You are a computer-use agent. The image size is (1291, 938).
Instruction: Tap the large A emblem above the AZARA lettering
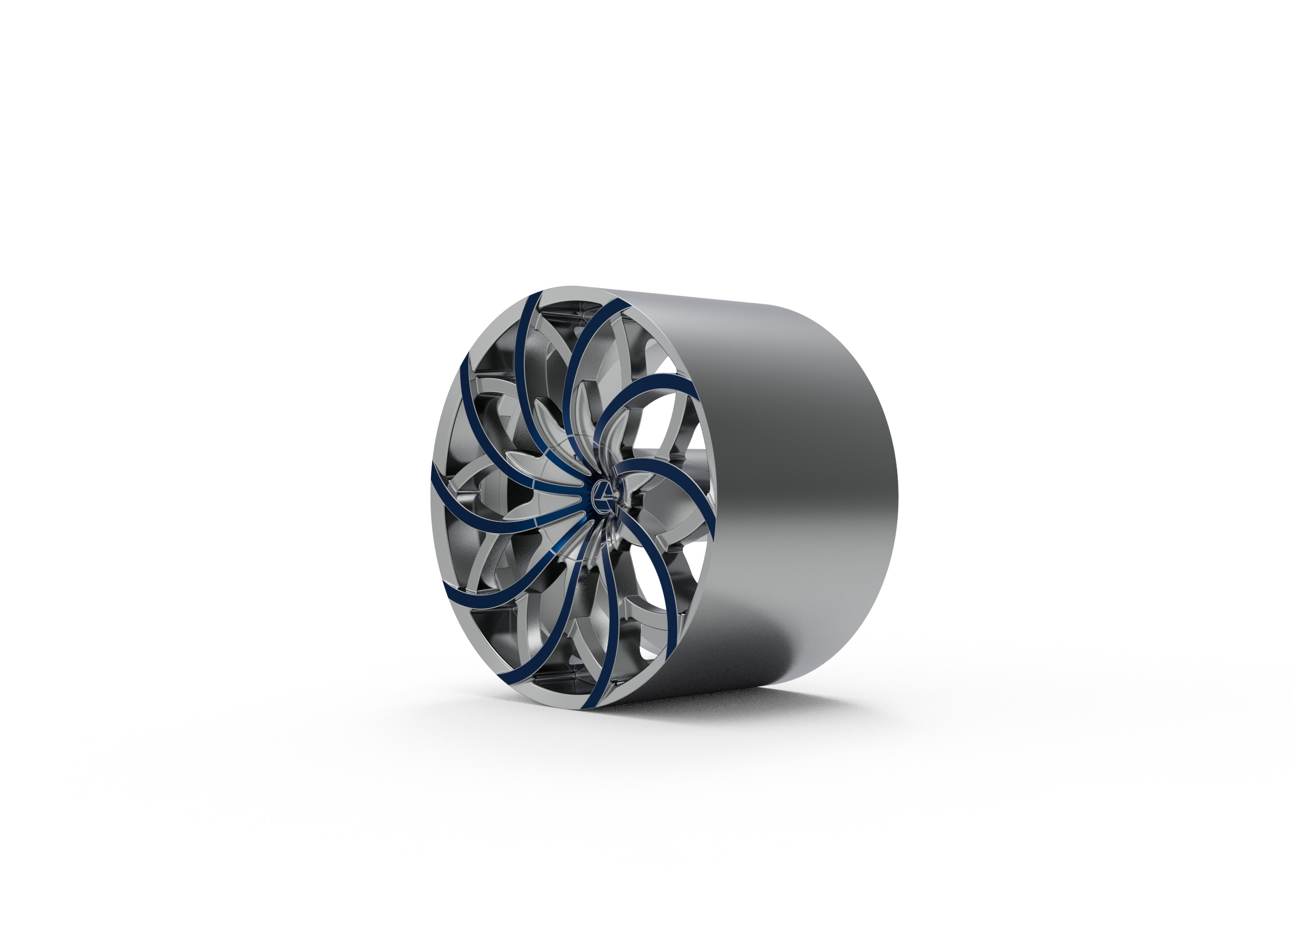tap(605, 487)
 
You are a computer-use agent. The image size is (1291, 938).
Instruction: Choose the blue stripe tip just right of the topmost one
tap(620, 307)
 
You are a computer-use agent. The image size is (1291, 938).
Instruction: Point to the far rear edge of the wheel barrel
tap(894, 484)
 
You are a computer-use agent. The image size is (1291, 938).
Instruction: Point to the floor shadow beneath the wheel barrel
tap(769, 706)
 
